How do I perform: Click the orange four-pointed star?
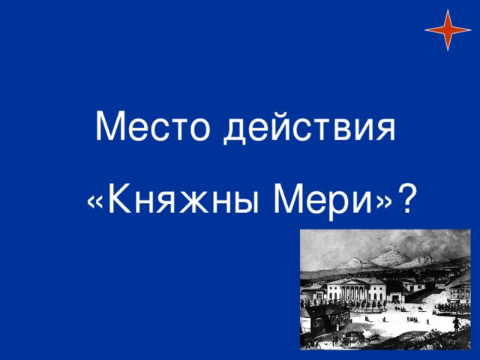[x=448, y=30]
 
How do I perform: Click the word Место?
[x=153, y=127]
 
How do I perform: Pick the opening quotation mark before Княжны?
[x=95, y=202]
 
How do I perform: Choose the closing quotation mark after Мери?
[x=384, y=202]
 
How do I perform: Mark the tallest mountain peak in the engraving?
[x=389, y=252]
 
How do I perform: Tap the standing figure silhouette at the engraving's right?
[x=457, y=324]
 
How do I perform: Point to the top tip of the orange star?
[x=448, y=10]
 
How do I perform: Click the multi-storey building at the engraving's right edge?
[x=460, y=291]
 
